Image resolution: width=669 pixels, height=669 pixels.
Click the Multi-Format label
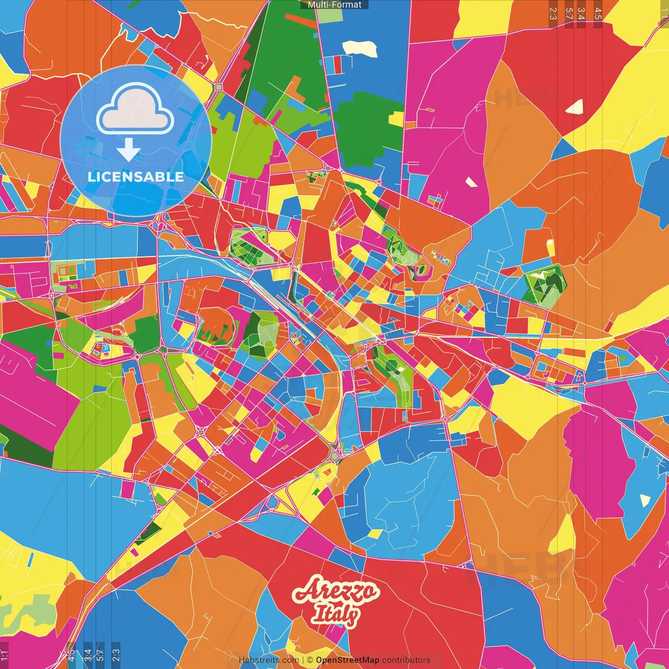(x=334, y=5)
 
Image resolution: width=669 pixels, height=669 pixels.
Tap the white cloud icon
(x=135, y=111)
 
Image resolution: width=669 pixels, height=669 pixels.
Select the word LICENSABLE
(x=135, y=177)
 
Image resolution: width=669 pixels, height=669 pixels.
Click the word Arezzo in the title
(x=336, y=592)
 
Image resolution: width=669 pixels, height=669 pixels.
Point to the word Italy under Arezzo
(x=336, y=615)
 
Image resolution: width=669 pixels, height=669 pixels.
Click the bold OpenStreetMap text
(x=347, y=660)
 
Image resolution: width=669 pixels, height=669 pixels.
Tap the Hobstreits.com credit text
(x=269, y=660)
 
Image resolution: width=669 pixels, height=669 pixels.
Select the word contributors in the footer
(x=406, y=660)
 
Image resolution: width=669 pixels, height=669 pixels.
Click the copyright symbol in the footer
(x=309, y=660)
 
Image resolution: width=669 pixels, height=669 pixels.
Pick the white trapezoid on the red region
(x=574, y=107)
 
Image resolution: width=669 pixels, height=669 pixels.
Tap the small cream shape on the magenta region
(x=471, y=182)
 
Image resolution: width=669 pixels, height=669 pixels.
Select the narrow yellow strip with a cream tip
(x=550, y=248)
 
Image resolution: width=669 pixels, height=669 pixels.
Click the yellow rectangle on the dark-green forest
(x=396, y=120)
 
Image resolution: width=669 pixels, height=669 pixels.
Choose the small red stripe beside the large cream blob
(x=338, y=64)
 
